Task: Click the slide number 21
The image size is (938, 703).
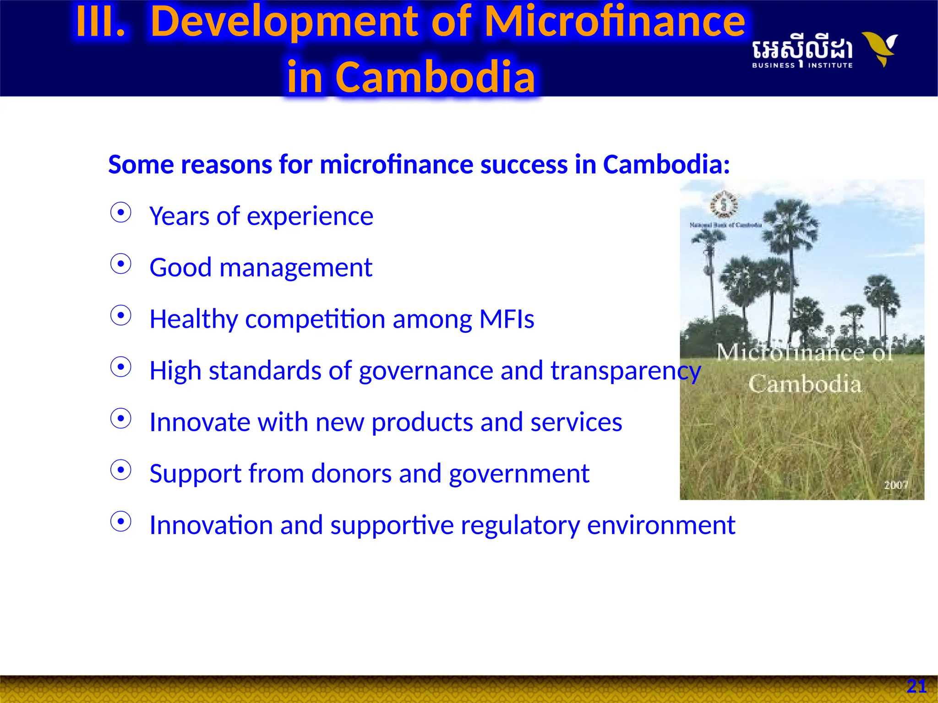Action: point(916,686)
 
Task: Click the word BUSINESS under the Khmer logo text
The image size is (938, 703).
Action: point(773,65)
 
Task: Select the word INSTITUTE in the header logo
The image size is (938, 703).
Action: point(830,65)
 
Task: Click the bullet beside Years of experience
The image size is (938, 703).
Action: point(121,213)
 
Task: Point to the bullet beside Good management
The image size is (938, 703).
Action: point(121,264)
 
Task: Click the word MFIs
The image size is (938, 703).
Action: point(507,319)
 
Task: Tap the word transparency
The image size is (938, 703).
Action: point(625,371)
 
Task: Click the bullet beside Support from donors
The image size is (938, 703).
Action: point(121,470)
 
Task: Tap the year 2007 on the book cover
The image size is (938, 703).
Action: point(895,485)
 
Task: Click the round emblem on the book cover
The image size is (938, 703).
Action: point(724,204)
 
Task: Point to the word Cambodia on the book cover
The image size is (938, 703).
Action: point(805,384)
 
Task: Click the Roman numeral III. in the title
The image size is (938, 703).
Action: point(100,22)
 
